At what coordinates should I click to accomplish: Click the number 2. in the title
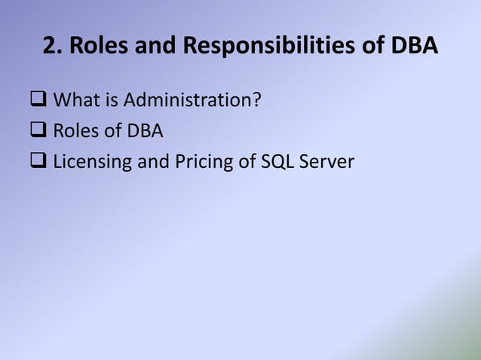[x=52, y=47]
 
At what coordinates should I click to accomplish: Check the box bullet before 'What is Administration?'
[x=38, y=100]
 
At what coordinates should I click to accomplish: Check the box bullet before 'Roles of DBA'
[x=38, y=131]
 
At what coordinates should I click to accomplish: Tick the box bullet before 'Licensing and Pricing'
[x=38, y=162]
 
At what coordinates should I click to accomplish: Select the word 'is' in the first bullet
[x=110, y=99]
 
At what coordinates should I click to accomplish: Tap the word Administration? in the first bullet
[x=192, y=99]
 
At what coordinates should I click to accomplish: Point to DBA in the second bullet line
[x=145, y=130]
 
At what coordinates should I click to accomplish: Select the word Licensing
[x=90, y=162]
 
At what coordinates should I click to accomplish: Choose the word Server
[x=323, y=161]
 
